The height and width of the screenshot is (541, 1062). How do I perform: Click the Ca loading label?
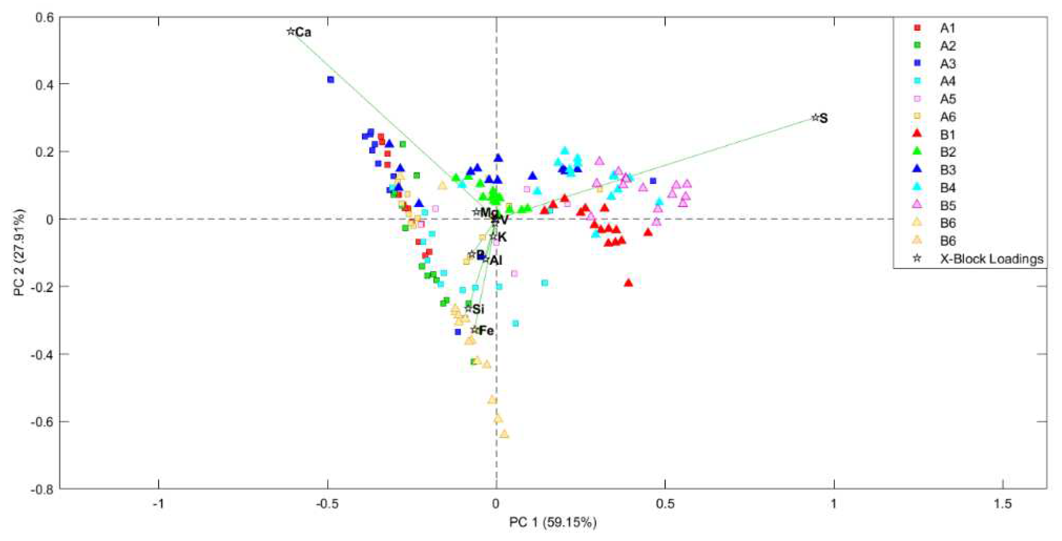pyautogui.click(x=303, y=32)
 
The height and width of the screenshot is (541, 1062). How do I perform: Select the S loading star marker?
pyautogui.click(x=815, y=118)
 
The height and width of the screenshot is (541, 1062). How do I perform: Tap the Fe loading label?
pyautogui.click(x=486, y=331)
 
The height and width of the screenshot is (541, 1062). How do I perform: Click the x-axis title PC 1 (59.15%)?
pyautogui.click(x=553, y=522)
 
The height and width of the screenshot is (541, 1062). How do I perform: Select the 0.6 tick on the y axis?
pyautogui.click(x=44, y=17)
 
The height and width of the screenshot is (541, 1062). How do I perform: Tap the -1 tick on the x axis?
pyautogui.click(x=158, y=504)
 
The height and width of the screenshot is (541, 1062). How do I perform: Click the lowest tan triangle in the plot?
pyautogui.click(x=504, y=434)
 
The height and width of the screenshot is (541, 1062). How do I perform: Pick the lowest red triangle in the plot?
pyautogui.click(x=628, y=283)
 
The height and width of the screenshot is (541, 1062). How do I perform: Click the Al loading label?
pyautogui.click(x=496, y=260)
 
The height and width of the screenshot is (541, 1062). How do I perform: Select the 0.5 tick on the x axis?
pyautogui.click(x=665, y=504)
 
